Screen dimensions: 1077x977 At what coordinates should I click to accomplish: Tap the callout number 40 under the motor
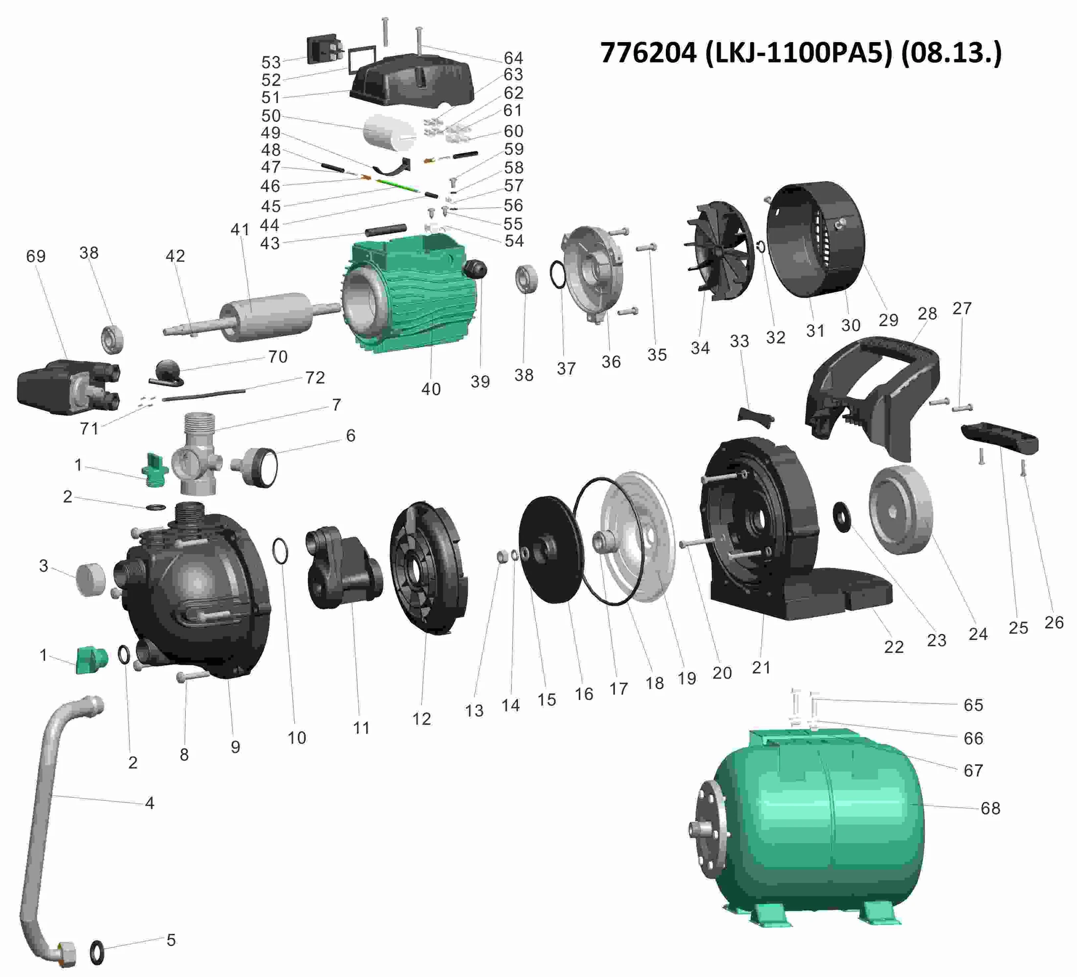point(431,389)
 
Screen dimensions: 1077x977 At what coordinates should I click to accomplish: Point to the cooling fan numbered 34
point(719,251)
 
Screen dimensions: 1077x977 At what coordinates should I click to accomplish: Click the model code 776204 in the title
point(649,53)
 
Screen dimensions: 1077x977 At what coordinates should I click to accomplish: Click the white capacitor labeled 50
point(390,131)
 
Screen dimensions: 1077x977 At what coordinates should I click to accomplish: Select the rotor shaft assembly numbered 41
point(251,317)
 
